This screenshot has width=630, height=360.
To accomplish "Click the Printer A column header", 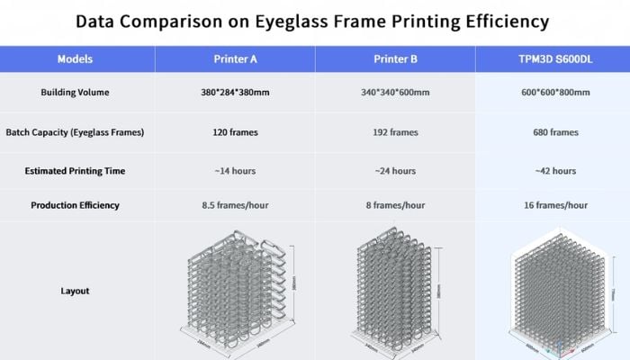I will (x=235, y=59).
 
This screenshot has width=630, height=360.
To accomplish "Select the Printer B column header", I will (x=394, y=59).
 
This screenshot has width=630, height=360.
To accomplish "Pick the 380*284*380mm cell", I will (x=235, y=93).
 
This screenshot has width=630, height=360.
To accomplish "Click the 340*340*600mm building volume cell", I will (x=394, y=93).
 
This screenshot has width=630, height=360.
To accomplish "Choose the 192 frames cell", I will (x=394, y=132).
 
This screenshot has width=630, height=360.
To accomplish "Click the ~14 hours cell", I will (x=235, y=170).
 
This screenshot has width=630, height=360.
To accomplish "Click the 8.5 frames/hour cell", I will (x=235, y=205).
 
